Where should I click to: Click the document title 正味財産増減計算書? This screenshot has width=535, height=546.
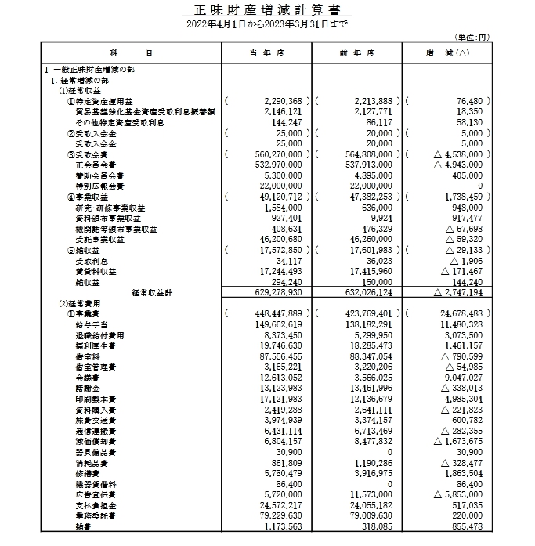267,11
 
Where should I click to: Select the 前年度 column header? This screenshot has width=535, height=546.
356,52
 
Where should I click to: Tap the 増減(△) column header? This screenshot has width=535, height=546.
446,52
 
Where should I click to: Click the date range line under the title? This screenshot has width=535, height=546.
267,25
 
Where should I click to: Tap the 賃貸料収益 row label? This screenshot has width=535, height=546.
95,271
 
